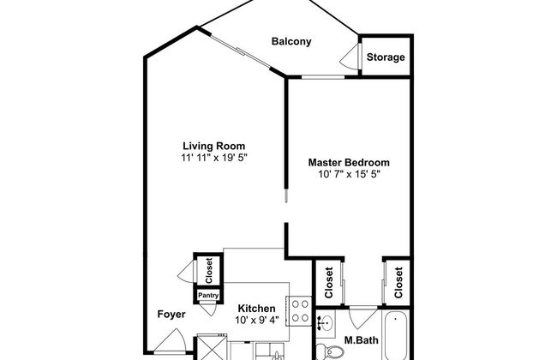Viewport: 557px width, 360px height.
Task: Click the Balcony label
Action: pyautogui.click(x=291, y=42)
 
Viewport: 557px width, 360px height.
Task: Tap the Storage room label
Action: pyautogui.click(x=386, y=57)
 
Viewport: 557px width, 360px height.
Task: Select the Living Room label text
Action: pyautogui.click(x=214, y=146)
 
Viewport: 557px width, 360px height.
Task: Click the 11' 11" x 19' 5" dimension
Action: pyautogui.click(x=214, y=158)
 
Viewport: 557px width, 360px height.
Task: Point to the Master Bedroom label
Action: pyautogui.click(x=349, y=162)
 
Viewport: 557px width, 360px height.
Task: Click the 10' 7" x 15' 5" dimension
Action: pyautogui.click(x=350, y=174)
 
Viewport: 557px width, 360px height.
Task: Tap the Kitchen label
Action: pyautogui.click(x=256, y=309)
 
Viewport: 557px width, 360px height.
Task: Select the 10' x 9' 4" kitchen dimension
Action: pyautogui.click(x=257, y=321)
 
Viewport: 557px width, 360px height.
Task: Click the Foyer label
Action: pyautogui.click(x=171, y=315)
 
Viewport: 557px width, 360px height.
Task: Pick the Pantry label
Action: pyautogui.click(x=208, y=296)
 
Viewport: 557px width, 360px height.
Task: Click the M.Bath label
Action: pyautogui.click(x=362, y=340)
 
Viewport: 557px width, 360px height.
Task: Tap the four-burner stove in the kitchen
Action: pyautogui.click(x=300, y=311)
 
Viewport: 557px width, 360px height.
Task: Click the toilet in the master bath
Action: pyautogui.click(x=330, y=351)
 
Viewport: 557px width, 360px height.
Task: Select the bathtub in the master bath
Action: pyautogui.click(x=395, y=336)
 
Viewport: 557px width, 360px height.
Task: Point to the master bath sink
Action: pyautogui.click(x=326, y=323)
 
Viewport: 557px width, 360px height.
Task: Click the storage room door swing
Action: pyautogui.click(x=350, y=57)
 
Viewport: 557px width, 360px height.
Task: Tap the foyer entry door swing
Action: pyautogui.click(x=171, y=341)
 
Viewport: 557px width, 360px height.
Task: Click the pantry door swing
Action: pyautogui.click(x=208, y=309)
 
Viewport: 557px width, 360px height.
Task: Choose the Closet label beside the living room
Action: pyautogui.click(x=208, y=271)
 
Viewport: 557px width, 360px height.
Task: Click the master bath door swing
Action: pyautogui.click(x=363, y=317)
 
